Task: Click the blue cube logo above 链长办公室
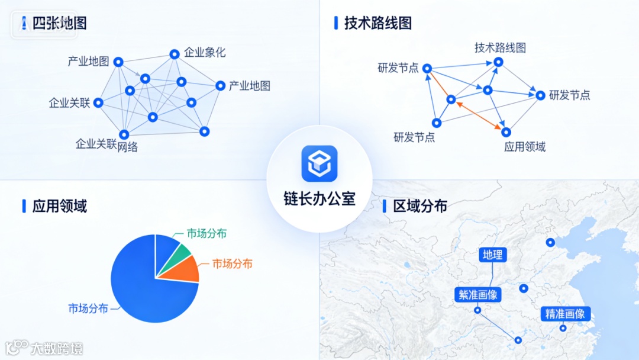click(319, 163)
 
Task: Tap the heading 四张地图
click(59, 23)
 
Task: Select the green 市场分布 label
click(207, 233)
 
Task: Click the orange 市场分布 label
click(233, 263)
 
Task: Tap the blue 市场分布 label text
click(88, 308)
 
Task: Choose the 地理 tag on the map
click(492, 255)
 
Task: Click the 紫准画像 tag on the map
click(477, 294)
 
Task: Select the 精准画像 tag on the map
click(565, 314)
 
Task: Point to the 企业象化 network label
click(205, 52)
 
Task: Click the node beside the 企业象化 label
click(175, 54)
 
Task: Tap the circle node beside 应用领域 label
click(506, 132)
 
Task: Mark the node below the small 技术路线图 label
click(499, 62)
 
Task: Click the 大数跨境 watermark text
click(57, 348)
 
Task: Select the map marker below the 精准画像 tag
click(563, 328)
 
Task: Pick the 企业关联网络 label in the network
click(106, 144)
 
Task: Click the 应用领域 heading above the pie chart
click(60, 206)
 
